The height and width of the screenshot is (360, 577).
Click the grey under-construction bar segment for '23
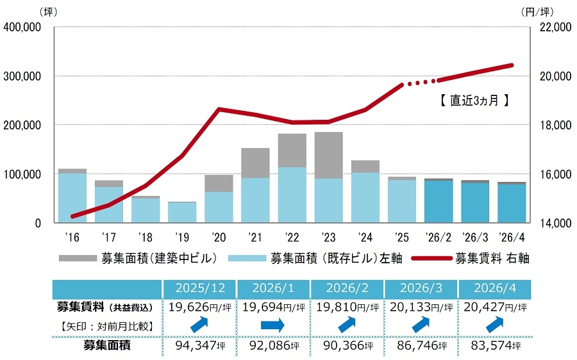click(329, 155)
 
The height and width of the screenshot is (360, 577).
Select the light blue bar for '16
click(72, 198)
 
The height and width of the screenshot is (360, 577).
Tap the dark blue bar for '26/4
click(512, 203)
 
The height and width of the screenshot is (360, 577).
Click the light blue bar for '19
click(182, 213)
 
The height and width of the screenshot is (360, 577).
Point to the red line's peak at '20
click(219, 109)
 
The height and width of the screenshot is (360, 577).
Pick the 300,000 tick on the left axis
click(22, 76)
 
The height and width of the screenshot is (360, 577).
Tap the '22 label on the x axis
click(292, 237)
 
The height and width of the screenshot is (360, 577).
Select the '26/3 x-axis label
click(475, 237)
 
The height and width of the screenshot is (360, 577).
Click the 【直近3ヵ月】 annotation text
click(474, 100)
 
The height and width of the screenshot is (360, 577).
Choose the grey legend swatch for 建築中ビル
click(78, 258)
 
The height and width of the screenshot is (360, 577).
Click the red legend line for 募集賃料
click(431, 258)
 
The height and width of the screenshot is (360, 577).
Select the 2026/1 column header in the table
click(273, 288)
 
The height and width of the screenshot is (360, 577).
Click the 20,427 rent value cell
click(495, 307)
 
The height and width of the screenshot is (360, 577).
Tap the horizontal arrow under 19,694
click(272, 325)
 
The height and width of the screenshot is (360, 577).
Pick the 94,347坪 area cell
click(200, 346)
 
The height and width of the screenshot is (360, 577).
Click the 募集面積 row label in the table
click(106, 345)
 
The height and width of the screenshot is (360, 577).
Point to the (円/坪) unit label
click(538, 12)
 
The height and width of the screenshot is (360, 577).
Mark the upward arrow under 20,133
click(421, 325)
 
